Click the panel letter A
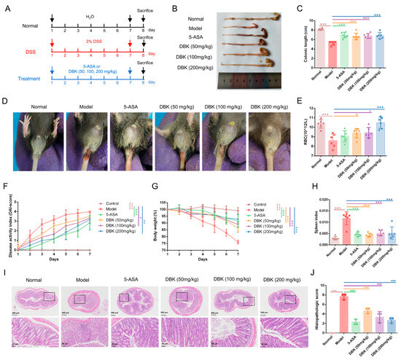click(4, 6)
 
